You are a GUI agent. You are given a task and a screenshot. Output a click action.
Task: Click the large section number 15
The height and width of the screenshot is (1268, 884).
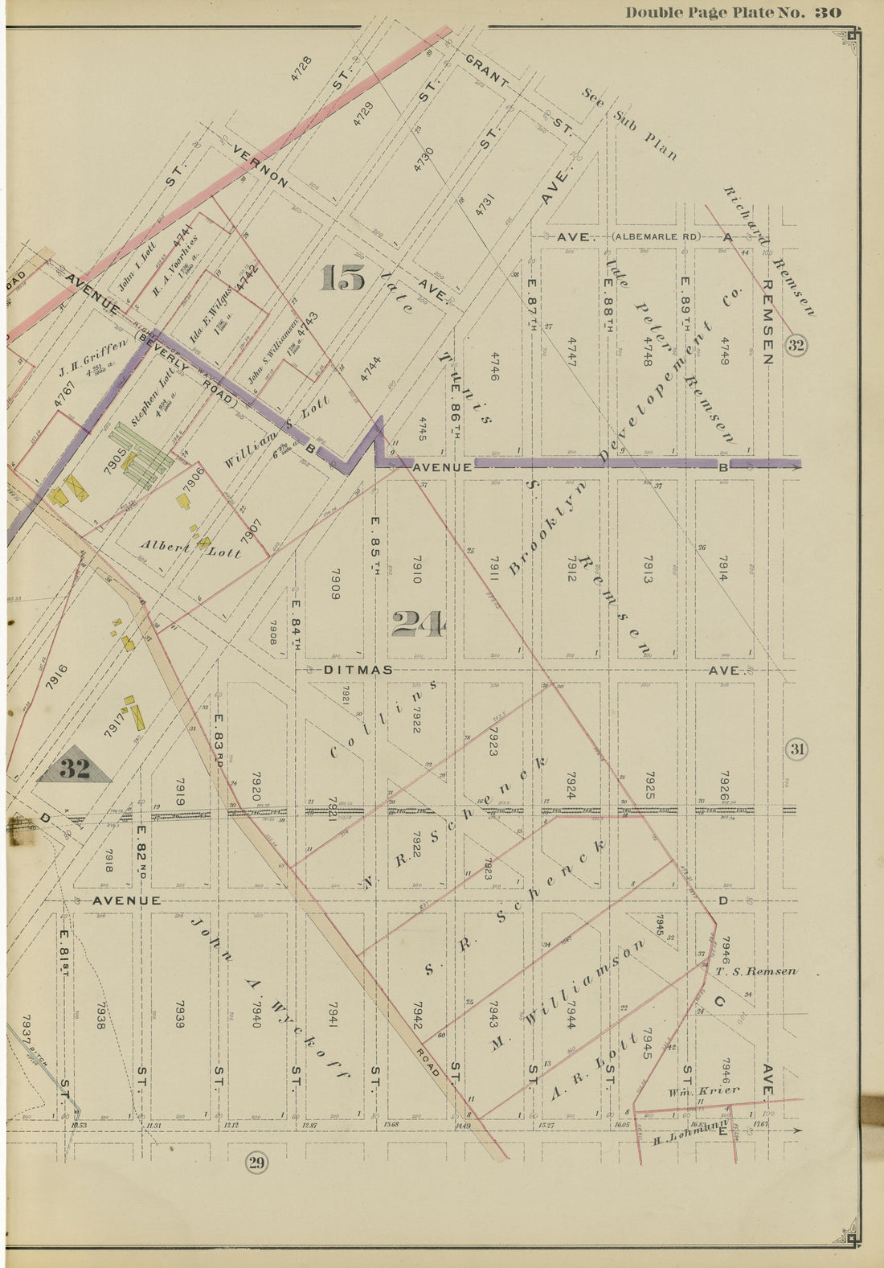pos(342,278)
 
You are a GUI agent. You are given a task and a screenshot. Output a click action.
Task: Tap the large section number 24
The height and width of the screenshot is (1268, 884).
pos(418,624)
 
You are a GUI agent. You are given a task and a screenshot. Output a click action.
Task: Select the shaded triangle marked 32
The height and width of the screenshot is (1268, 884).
pos(74,769)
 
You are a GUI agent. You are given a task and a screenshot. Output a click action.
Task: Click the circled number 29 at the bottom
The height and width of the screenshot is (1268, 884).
pos(256,1163)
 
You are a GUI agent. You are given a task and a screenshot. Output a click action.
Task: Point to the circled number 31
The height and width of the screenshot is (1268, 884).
pos(796,750)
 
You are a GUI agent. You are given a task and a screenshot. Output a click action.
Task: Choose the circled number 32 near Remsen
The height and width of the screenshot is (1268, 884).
pos(796,346)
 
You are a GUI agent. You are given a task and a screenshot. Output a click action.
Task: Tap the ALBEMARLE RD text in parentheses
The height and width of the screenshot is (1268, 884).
pos(656,237)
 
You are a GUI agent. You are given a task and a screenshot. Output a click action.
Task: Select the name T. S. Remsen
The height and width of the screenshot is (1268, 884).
pos(755,971)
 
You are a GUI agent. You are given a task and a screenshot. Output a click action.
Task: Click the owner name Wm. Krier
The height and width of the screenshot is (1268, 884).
pos(702,1092)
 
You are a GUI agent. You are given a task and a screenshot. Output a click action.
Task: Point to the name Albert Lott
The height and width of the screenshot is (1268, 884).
pos(191,548)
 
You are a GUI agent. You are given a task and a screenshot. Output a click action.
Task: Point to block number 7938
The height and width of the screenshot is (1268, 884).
pos(100,1015)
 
